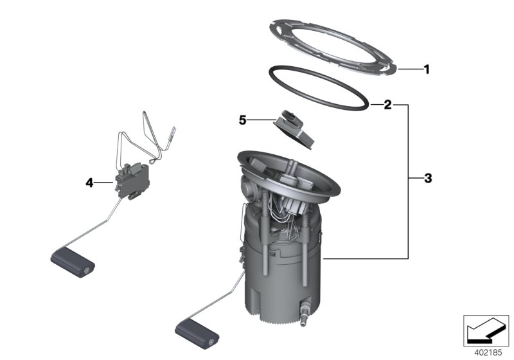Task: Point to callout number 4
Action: (x=89, y=183)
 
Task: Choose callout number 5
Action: (x=242, y=120)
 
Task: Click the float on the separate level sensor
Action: (x=72, y=265)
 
